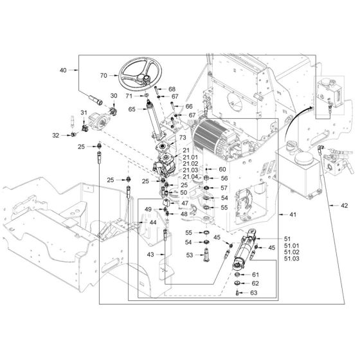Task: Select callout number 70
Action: click(x=104, y=76)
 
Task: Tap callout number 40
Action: click(x=63, y=70)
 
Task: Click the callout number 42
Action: click(x=344, y=206)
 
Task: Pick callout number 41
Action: click(x=292, y=215)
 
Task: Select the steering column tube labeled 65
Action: click(x=155, y=121)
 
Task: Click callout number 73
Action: click(x=183, y=138)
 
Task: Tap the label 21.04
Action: click(x=190, y=177)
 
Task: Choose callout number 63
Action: click(x=253, y=292)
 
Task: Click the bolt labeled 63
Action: click(x=237, y=292)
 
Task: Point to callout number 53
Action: click(x=190, y=255)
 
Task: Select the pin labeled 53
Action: click(x=206, y=255)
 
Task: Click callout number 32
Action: click(x=56, y=136)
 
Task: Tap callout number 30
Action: click(x=114, y=96)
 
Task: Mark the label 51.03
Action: click(x=292, y=258)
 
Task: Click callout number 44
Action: click(x=153, y=222)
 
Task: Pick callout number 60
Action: click(x=222, y=169)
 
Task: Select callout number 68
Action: click(x=172, y=89)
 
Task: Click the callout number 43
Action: click(x=150, y=255)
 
